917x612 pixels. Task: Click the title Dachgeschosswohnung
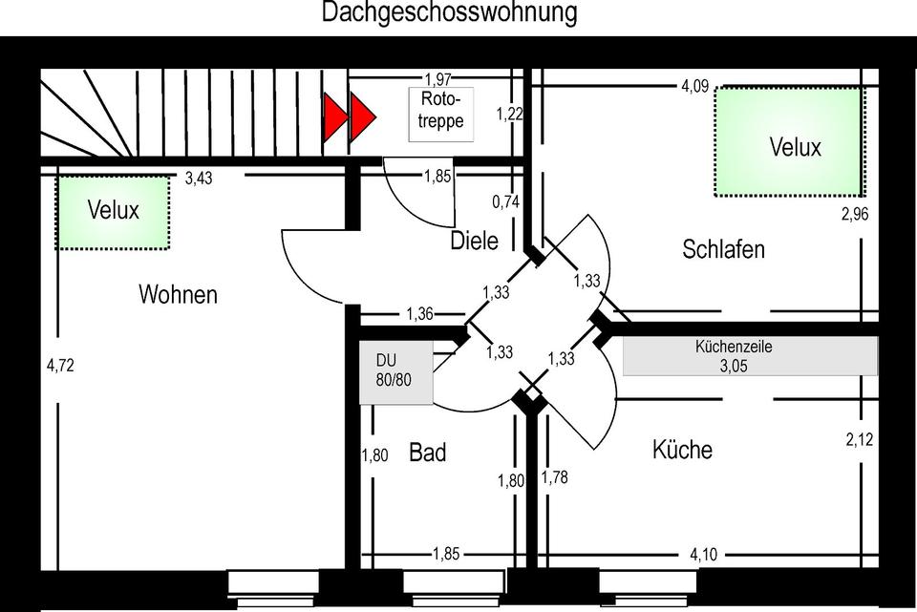click(x=449, y=13)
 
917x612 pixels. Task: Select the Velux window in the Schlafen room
click(x=795, y=141)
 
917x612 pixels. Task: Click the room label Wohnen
click(x=178, y=294)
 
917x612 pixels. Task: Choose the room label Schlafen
click(x=723, y=250)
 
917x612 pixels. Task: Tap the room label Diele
click(x=474, y=242)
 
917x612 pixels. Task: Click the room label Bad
click(x=427, y=453)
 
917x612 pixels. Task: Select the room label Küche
click(x=682, y=449)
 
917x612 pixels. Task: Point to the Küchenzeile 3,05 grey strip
click(x=749, y=356)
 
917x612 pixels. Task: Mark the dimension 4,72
click(x=59, y=364)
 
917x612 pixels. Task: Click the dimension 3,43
click(x=199, y=178)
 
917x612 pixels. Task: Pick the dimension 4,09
click(x=694, y=87)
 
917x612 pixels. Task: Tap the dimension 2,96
click(x=855, y=214)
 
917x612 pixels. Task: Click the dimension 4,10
click(x=705, y=553)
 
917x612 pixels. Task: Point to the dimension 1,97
click(x=437, y=80)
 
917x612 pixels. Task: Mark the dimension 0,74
click(x=505, y=201)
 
